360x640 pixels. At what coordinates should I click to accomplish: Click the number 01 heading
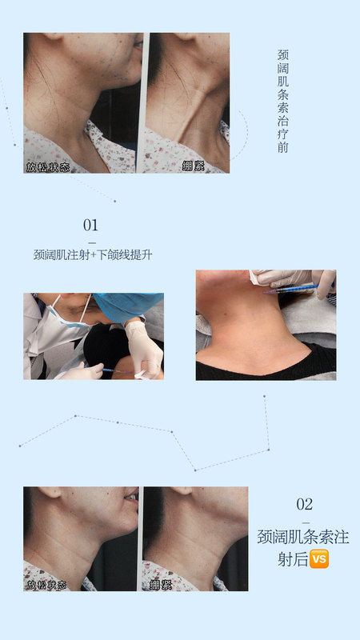[x=90, y=226]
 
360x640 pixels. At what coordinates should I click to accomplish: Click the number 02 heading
[x=305, y=505]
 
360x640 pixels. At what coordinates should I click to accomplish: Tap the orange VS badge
[x=319, y=558]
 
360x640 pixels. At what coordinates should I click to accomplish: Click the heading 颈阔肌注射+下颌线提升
[x=93, y=255]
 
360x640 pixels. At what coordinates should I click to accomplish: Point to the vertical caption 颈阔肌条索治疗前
[x=283, y=102]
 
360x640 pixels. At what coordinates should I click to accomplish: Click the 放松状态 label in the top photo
[x=48, y=167]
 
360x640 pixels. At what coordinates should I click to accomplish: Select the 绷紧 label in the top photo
[x=194, y=166]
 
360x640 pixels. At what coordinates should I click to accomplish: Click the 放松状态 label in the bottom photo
[x=46, y=585]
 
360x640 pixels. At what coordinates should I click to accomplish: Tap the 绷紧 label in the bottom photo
[x=161, y=585]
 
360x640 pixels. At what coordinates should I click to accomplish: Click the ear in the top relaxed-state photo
[x=54, y=36]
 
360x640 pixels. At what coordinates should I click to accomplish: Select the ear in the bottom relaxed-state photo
[x=52, y=491]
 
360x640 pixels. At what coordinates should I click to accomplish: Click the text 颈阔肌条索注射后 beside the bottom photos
[x=303, y=548]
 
